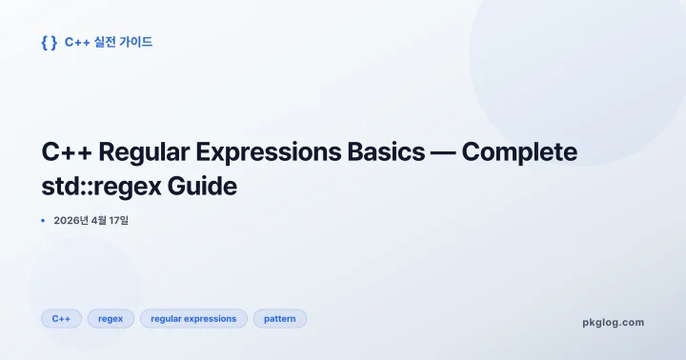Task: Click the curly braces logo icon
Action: (49, 42)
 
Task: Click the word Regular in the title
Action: (140, 152)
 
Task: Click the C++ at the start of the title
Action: (66, 152)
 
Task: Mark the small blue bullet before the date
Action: (43, 221)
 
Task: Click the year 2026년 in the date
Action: (71, 221)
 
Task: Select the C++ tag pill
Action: (61, 318)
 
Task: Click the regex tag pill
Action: (111, 318)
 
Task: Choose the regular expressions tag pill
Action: (193, 318)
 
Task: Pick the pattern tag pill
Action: (280, 318)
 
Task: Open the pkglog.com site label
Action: (613, 322)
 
